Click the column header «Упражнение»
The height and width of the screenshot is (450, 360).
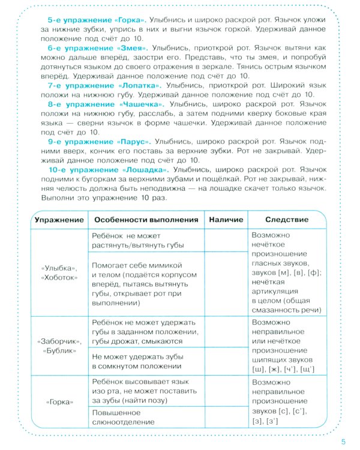click(x=59, y=219)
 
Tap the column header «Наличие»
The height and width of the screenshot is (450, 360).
click(x=226, y=219)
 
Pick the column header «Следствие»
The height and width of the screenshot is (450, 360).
click(x=287, y=219)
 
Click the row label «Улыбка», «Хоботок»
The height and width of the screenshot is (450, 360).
click(x=59, y=272)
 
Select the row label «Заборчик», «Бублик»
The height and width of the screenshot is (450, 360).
click(x=59, y=344)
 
